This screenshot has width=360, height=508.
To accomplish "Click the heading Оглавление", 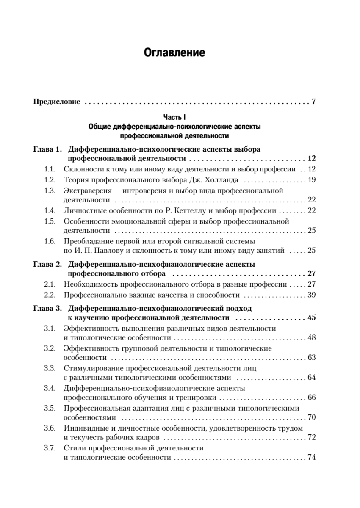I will [174, 53].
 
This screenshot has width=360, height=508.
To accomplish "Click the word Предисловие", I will [57, 102].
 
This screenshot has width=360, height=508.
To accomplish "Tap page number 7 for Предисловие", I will [314, 102].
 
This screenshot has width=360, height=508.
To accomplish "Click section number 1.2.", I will [50, 180].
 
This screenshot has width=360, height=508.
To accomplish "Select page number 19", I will [312, 180].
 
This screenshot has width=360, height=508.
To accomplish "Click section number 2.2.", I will [50, 295].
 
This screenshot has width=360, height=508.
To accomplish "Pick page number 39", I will [312, 295].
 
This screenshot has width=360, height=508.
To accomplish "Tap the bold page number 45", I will [311, 317].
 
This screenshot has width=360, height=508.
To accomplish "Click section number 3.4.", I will [50, 388].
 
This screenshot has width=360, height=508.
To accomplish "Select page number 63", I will [312, 358].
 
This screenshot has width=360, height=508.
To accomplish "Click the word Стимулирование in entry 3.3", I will [91, 368].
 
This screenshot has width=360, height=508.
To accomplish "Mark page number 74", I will [312, 458].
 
